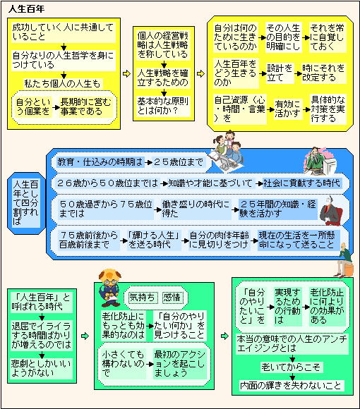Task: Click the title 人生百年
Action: click(26, 9)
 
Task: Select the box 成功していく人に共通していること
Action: click(64, 32)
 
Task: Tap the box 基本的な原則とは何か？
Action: click(164, 106)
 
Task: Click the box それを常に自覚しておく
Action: click(328, 37)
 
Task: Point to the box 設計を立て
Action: click(280, 73)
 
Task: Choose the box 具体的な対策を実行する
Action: click(328, 109)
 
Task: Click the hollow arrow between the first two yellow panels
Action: click(126, 74)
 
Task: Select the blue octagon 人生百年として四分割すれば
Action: click(26, 203)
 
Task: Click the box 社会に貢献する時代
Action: click(302, 183)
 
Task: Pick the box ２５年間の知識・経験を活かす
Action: click(278, 209)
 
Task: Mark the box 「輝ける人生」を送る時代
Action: click(154, 240)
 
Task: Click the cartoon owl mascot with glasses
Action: click(110, 288)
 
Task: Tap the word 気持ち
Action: click(143, 297)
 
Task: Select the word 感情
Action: click(172, 297)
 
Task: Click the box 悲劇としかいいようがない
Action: click(41, 368)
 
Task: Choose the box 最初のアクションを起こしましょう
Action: click(180, 364)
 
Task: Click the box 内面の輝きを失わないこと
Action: click(292, 385)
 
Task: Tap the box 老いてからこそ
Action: click(292, 367)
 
